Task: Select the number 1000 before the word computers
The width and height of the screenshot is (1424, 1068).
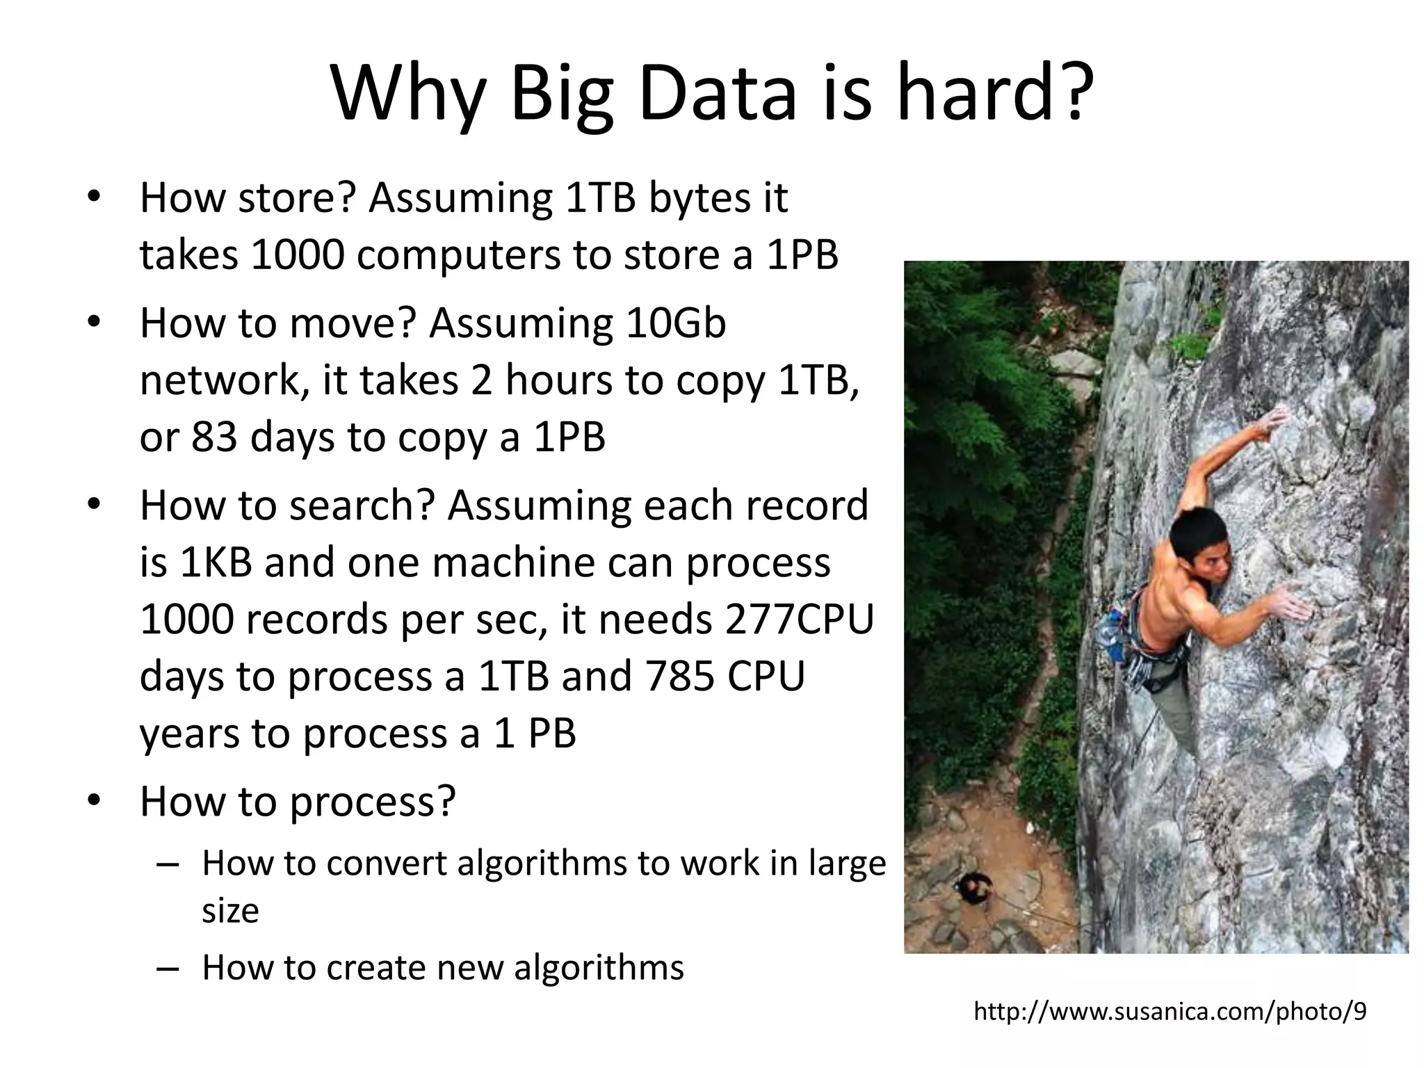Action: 297,254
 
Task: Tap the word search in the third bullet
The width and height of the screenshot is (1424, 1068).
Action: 351,505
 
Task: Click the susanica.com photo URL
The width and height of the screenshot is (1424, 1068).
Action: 1170,1012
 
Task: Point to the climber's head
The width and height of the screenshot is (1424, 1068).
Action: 1197,539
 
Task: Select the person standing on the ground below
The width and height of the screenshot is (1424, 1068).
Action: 973,888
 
